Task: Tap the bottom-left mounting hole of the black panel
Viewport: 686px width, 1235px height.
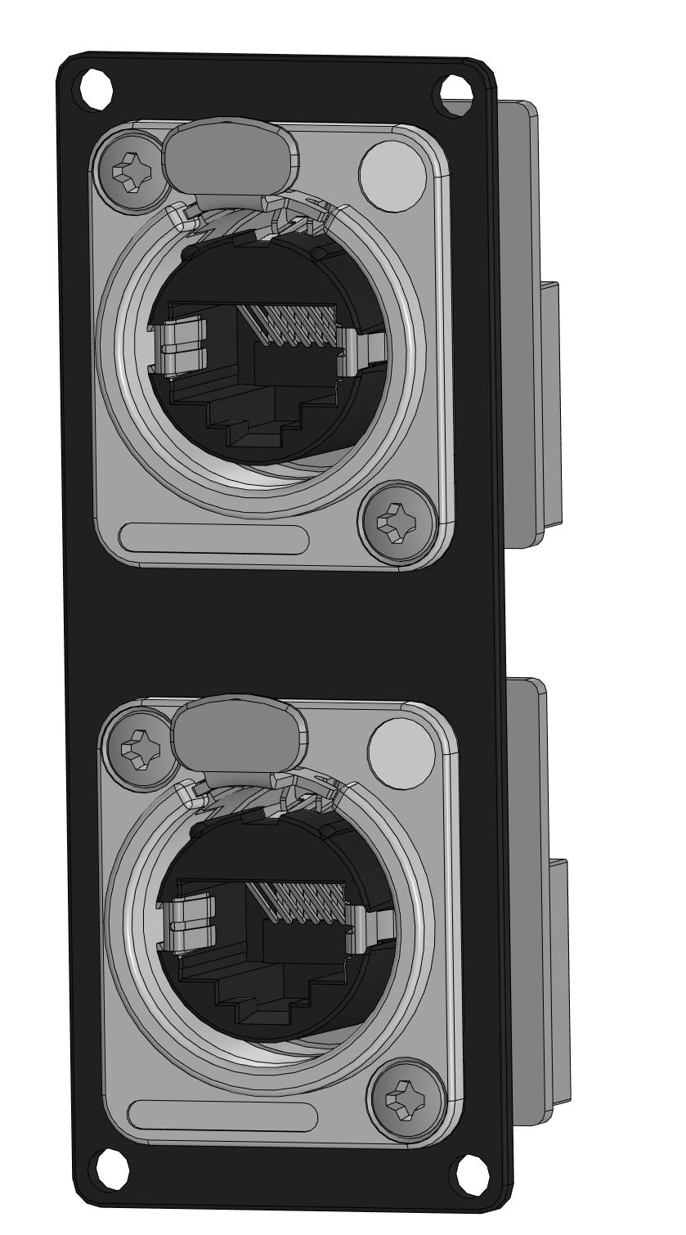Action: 113,1167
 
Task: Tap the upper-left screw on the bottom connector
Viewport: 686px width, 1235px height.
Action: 138,748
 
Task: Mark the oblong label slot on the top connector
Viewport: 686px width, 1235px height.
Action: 214,539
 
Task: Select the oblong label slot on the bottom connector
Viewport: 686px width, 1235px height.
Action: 223,1114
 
